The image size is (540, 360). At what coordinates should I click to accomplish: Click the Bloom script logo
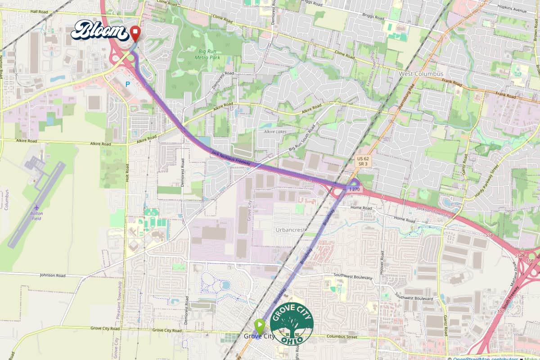coord(100,31)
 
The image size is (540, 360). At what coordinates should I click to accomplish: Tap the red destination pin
coord(135,33)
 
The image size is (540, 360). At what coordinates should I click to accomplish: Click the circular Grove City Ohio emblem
coord(292,324)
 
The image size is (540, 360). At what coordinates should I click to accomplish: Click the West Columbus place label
coord(421,73)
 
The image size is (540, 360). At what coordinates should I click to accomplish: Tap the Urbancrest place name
coord(290,230)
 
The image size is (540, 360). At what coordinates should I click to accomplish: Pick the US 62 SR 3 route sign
coord(363,162)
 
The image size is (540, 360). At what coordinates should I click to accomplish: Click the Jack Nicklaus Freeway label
coord(230,158)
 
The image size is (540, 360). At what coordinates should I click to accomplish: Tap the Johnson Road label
coord(53,275)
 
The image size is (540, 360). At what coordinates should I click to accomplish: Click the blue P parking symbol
coord(127,84)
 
